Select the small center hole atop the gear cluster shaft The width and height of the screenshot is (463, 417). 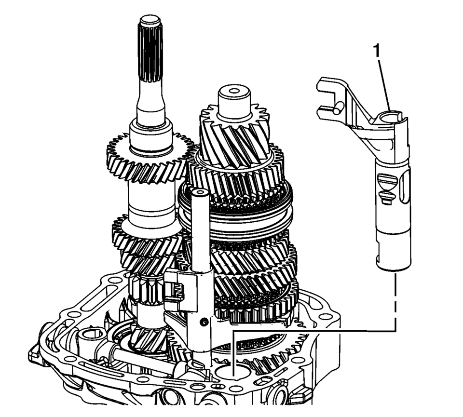pyautogui.click(x=233, y=91)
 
